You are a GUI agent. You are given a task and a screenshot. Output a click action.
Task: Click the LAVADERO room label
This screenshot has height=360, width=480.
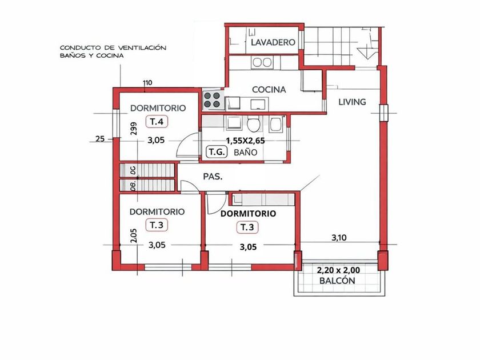(273, 42)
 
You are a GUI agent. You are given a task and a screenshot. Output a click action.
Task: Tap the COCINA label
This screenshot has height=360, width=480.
(269, 90)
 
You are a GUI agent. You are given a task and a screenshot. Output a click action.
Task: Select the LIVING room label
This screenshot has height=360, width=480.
(352, 102)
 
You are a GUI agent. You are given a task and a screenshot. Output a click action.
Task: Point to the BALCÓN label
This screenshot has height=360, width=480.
(337, 281)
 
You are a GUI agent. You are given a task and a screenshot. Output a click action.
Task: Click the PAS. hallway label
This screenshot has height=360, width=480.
(213, 177)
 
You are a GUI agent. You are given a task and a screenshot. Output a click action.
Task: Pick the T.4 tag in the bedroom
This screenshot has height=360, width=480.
(157, 122)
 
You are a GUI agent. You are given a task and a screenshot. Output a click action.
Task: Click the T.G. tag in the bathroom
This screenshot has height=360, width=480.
(217, 152)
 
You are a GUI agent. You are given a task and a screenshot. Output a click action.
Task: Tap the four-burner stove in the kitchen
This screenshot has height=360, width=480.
(212, 100)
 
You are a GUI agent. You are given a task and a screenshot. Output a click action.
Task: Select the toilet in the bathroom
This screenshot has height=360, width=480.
(254, 123)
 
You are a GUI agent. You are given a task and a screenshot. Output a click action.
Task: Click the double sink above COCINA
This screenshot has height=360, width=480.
(262, 62)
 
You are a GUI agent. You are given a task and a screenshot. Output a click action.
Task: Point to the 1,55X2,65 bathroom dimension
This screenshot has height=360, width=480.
(246, 141)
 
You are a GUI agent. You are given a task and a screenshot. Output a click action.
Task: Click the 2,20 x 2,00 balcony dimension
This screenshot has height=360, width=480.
(338, 271)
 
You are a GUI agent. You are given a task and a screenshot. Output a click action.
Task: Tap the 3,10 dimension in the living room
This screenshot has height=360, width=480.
(339, 237)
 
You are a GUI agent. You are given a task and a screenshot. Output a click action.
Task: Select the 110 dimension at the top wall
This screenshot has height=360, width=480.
(147, 83)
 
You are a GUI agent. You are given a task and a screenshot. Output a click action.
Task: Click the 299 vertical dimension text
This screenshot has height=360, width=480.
(134, 129)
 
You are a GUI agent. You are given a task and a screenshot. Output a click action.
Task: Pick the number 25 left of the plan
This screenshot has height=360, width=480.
(100, 139)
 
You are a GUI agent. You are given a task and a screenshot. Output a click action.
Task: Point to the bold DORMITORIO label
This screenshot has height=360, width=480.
(248, 214)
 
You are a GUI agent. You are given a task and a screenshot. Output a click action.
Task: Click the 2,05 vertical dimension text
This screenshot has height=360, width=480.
(134, 235)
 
